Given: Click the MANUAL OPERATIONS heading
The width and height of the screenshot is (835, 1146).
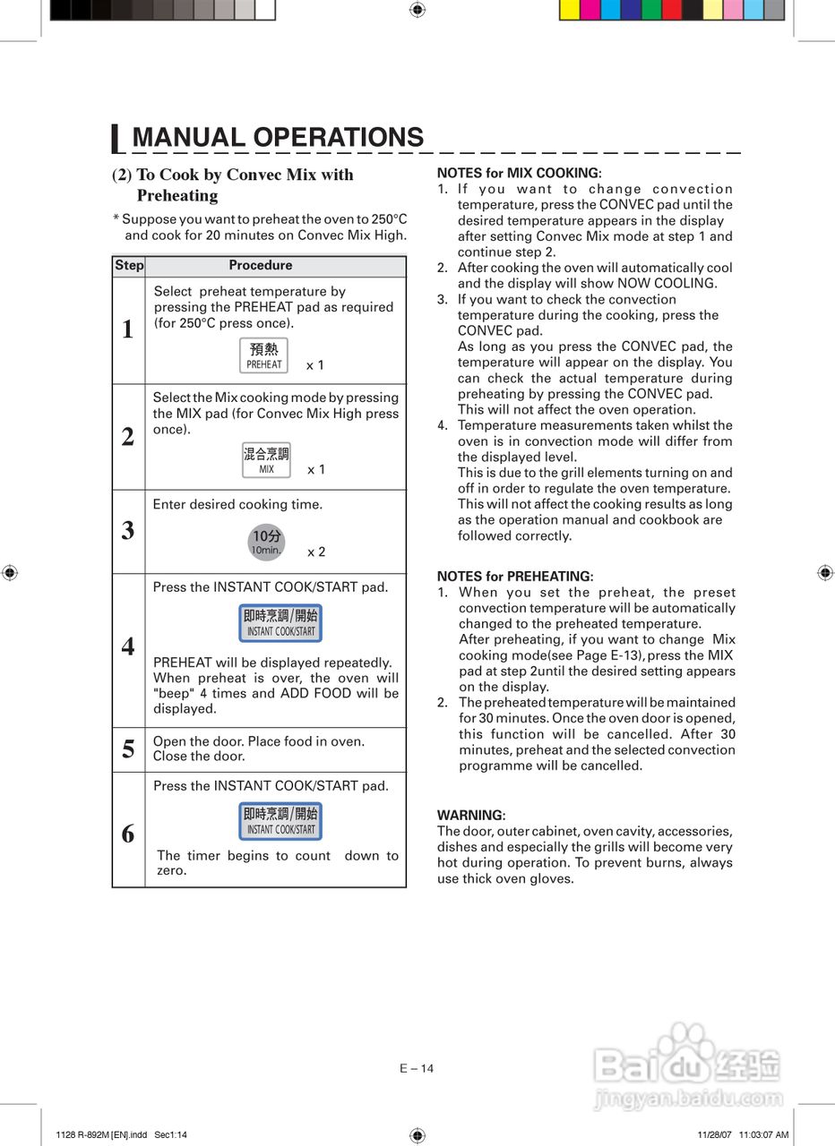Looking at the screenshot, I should pos(277,138).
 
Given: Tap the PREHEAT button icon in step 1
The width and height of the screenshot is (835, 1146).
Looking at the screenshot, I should pos(264,355).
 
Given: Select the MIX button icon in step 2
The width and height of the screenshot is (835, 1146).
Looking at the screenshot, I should pos(266,460).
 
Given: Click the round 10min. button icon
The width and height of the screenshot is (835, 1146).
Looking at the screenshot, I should pos(265,543).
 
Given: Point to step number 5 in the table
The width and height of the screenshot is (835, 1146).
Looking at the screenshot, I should pos(128,748).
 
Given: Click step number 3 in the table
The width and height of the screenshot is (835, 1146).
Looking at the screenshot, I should pos(128,531).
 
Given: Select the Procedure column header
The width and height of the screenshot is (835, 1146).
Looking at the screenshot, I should pos(260,266).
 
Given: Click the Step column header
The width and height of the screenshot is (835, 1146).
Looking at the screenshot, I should pos(129,266).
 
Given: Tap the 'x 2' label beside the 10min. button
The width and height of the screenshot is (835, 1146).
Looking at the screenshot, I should pos(316,552).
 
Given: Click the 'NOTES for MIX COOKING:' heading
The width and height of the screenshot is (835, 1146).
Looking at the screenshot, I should pos(519,173).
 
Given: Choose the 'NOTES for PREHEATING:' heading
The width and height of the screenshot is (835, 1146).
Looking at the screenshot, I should pos(514,577).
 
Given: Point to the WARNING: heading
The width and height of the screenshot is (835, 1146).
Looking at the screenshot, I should pos(470,816).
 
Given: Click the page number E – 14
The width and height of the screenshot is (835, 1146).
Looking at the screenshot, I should pos(417,1068).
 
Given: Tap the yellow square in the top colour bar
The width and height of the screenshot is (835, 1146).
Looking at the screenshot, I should pos(569,10).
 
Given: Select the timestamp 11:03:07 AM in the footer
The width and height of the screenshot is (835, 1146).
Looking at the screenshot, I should pos(764,1135).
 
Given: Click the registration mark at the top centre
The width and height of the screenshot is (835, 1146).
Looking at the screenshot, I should pos(417,10).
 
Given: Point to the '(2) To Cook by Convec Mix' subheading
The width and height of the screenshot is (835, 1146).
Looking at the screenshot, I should pos(233,175).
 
